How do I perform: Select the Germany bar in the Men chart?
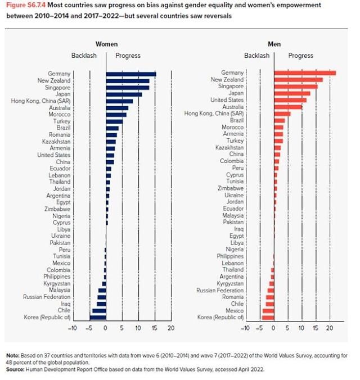coord(304,73)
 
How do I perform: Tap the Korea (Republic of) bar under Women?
coord(98,318)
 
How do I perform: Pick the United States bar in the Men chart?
coord(290,100)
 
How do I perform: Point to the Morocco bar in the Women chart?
coord(116,114)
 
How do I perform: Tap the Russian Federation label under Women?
coord(47,297)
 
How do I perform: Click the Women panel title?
coord(106,44)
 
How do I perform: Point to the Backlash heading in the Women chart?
coord(84,56)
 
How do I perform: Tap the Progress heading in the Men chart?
coord(301,56)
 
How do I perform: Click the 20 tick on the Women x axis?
coord(171,328)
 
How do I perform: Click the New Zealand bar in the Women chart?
coord(128,80)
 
